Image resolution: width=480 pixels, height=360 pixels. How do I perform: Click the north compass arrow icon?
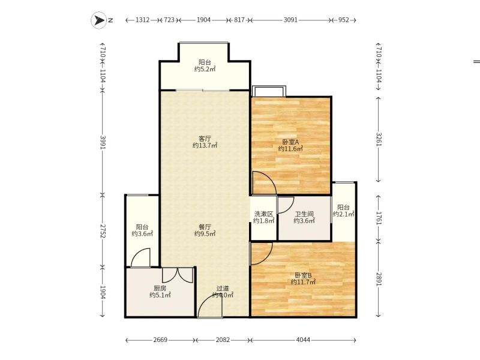click(x=99, y=20)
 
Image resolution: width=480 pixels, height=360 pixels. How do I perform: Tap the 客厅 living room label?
click(x=205, y=139)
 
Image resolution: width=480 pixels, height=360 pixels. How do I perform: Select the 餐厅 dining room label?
click(x=205, y=227)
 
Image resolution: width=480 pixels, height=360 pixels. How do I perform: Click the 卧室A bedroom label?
click(x=290, y=142)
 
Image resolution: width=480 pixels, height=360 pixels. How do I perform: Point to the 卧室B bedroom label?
click(x=303, y=275)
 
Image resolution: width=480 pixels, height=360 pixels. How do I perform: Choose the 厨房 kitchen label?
click(x=160, y=289)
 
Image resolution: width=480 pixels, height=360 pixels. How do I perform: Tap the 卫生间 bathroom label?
click(x=304, y=214)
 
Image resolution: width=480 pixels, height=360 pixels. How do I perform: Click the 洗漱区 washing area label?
click(x=263, y=214)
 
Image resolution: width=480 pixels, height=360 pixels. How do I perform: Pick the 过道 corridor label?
click(x=223, y=289)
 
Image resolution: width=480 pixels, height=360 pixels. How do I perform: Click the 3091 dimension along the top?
click(x=290, y=20)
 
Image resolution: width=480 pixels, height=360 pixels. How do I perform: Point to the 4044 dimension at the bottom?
click(x=303, y=340)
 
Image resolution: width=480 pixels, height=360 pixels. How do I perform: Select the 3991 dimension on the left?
click(x=103, y=143)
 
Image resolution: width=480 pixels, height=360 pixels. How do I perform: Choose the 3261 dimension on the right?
click(x=379, y=139)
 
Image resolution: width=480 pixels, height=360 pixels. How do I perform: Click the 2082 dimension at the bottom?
click(x=223, y=340)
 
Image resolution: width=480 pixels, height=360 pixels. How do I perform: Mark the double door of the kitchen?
click(x=178, y=275)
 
